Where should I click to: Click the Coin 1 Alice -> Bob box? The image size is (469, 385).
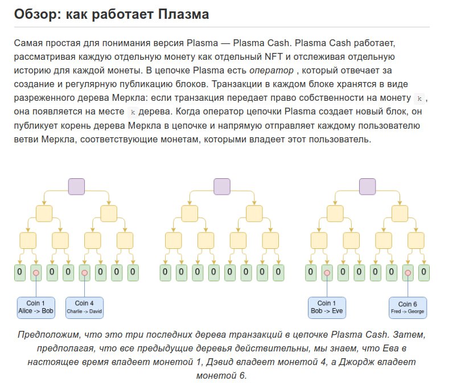(36, 307)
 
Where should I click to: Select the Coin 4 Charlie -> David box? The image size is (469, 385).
(85, 307)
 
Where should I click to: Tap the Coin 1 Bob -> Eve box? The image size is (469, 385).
(327, 307)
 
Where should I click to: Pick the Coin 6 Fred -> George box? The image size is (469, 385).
(408, 308)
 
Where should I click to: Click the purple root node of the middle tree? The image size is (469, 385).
(222, 186)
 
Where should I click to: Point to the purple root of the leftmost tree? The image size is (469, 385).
(76, 186)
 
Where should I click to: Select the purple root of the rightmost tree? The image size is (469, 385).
(368, 186)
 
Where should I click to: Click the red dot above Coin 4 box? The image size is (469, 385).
(85, 273)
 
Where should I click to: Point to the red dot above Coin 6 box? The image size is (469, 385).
(408, 273)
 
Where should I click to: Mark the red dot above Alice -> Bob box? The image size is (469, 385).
(36, 273)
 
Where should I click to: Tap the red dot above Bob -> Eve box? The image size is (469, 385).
(327, 273)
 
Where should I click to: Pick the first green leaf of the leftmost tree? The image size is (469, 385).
(20, 272)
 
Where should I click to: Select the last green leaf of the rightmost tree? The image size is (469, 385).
(423, 272)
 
